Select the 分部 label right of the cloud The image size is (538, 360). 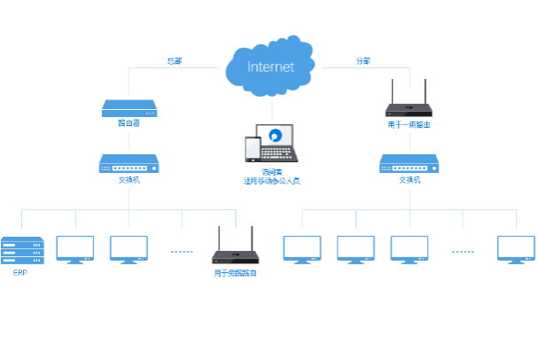pos(363,61)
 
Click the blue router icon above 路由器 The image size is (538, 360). pos(129,108)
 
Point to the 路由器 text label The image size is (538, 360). pos(129,123)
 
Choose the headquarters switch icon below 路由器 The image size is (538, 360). pos(129,163)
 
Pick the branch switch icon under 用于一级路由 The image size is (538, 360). pos(409,163)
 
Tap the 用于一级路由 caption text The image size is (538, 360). pos(409,125)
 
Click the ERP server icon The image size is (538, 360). pos(20,250)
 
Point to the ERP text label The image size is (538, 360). pos(20,273)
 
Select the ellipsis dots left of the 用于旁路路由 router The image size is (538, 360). pos(182,252)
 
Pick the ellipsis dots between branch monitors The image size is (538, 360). pos(463,252)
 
